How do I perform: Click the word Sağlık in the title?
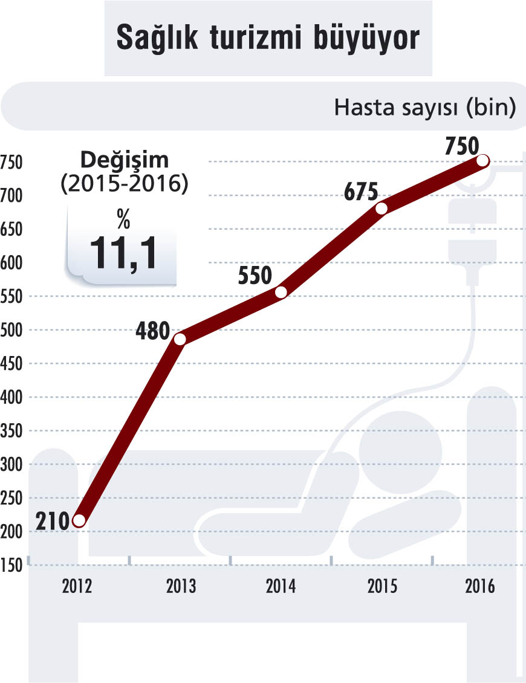tap(157, 38)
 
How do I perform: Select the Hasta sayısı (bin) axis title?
tap(424, 109)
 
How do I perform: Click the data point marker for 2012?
tap(79, 520)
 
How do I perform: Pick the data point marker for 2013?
tap(180, 339)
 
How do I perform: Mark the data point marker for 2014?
tap(281, 292)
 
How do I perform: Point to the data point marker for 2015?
tap(382, 208)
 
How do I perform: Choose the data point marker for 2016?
tap(482, 160)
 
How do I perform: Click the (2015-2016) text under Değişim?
tap(124, 184)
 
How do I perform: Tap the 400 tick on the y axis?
tap(11, 397)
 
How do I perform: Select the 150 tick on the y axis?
tap(11, 565)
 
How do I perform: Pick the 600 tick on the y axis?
tap(11, 263)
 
